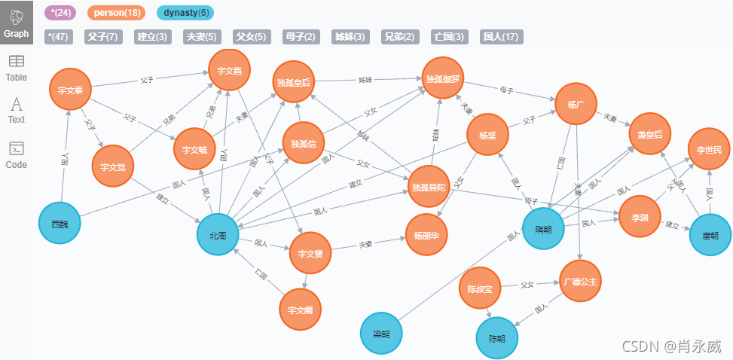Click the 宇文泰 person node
(x=70, y=90)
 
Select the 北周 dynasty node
(x=218, y=235)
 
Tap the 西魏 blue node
(x=60, y=224)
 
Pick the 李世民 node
(x=708, y=150)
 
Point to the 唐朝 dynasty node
(x=710, y=235)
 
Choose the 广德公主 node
(x=579, y=281)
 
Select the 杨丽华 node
(x=426, y=234)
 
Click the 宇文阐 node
(x=300, y=308)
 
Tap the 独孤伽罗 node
(x=443, y=78)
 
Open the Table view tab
(x=16, y=68)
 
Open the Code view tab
(x=16, y=154)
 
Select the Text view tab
(x=16, y=110)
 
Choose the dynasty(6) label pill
(x=185, y=13)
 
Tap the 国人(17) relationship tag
(x=500, y=36)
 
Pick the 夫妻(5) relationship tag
(x=202, y=36)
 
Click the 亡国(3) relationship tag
(x=450, y=36)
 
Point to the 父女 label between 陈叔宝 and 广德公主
(x=527, y=285)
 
